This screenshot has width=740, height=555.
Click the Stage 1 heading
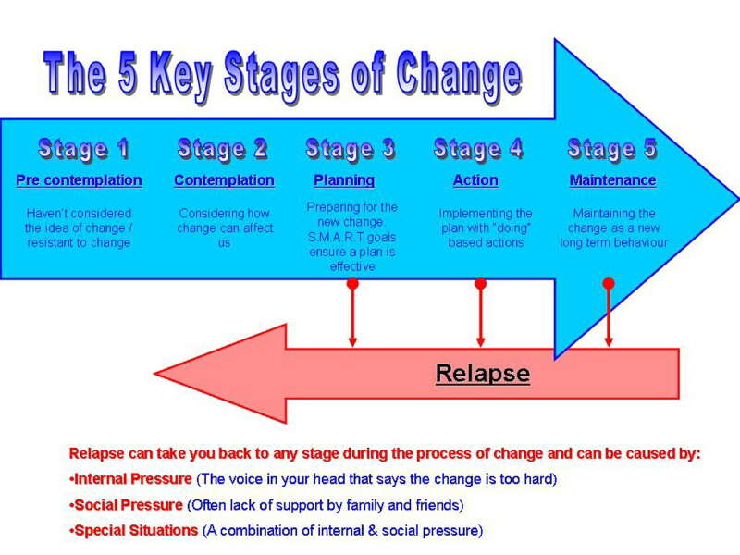coord(83,149)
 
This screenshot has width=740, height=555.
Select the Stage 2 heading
coord(223,149)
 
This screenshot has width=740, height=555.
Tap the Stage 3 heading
coord(351,149)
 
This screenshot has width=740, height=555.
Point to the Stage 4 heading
coord(478,149)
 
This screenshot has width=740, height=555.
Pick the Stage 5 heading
coord(612,149)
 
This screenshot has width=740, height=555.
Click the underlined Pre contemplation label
coord(79,180)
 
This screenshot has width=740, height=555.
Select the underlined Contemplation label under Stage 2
coord(224,180)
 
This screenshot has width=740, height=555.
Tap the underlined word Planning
coord(344,180)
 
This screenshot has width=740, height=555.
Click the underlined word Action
coord(475,180)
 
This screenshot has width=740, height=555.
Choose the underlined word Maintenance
coord(612,180)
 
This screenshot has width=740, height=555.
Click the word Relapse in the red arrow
coord(482,374)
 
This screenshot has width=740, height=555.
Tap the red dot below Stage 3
coord(352,284)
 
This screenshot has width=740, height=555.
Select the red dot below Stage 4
coord(480,284)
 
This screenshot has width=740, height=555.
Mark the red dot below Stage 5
coord(609,284)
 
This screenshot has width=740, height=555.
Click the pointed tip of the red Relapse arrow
coord(154,374)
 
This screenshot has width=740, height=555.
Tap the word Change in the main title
coord(459,76)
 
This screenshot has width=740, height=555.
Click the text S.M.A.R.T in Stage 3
coord(336,237)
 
